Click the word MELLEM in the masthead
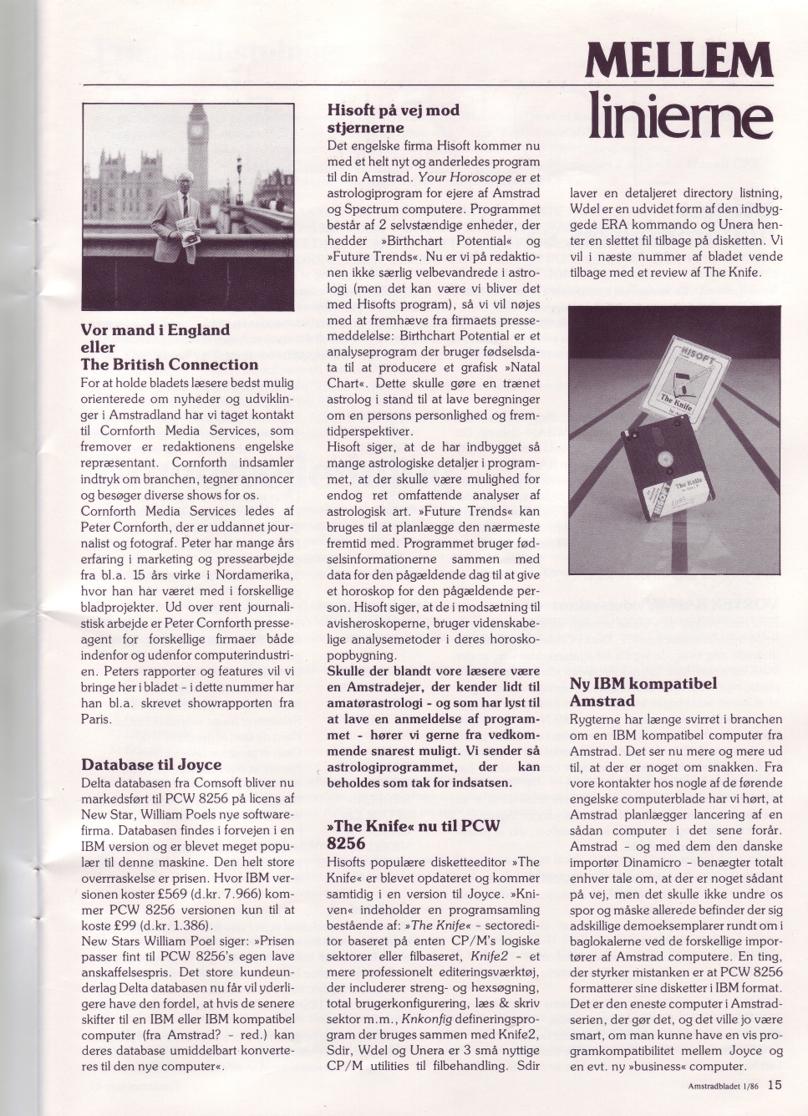679,62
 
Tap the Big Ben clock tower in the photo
199,146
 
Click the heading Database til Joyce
151,764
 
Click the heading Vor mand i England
155,329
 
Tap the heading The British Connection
169,364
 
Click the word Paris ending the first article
96,719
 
